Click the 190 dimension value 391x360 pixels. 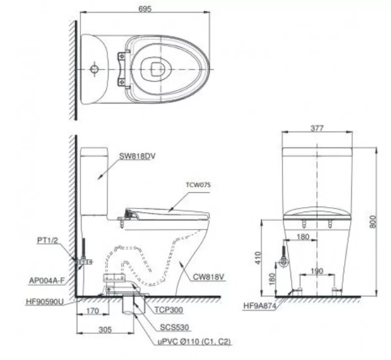coord(317,272)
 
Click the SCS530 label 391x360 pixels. coord(174,326)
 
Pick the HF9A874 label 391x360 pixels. coord(259,306)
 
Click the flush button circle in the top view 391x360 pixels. coord(94,66)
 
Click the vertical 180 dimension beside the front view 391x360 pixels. coord(272,278)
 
